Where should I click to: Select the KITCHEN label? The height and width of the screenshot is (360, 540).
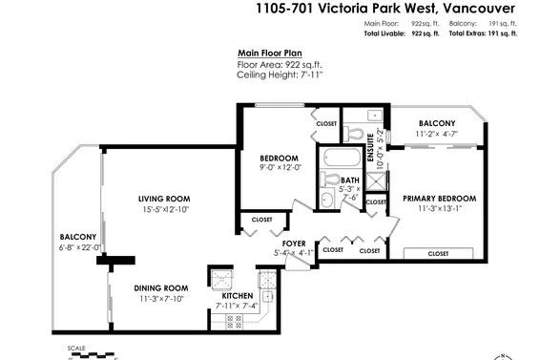(237, 296)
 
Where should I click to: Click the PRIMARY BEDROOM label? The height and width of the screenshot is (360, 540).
(438, 199)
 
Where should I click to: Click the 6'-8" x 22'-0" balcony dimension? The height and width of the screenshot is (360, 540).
(81, 246)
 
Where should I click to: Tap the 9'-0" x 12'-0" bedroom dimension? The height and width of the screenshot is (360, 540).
(280, 167)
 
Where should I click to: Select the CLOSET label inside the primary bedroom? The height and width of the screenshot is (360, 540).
(438, 253)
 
